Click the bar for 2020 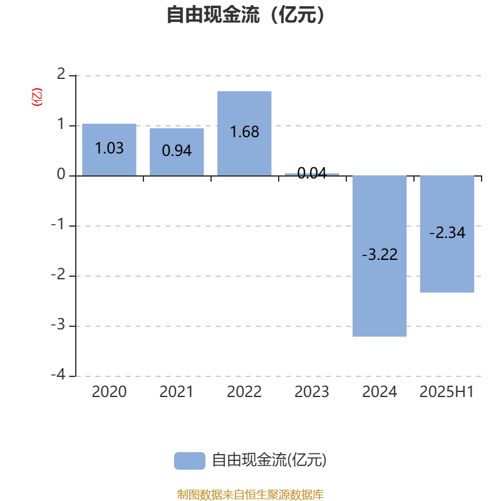pyautogui.click(x=109, y=150)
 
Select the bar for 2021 pyautogui.click(x=177, y=152)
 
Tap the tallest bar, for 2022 pyautogui.click(x=244, y=133)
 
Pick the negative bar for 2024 pyautogui.click(x=380, y=256)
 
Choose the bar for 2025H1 pyautogui.click(x=447, y=234)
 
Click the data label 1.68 pyautogui.click(x=244, y=132)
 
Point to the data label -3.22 pyautogui.click(x=380, y=255)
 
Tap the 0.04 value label pyautogui.click(x=312, y=173)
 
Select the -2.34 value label pyautogui.click(x=447, y=232)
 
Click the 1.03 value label pyautogui.click(x=109, y=148)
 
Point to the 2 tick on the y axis pyautogui.click(x=61, y=75)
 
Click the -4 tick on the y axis pyautogui.click(x=58, y=374)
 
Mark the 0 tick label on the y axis pyautogui.click(x=61, y=175)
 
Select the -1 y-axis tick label pyautogui.click(x=58, y=225)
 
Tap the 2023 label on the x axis pyautogui.click(x=311, y=392)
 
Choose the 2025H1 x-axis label pyautogui.click(x=447, y=392)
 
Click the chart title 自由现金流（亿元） pyautogui.click(x=246, y=15)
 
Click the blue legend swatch pyautogui.click(x=190, y=461)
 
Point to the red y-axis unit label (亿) pyautogui.click(x=37, y=97)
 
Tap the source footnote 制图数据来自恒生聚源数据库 pyautogui.click(x=250, y=494)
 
